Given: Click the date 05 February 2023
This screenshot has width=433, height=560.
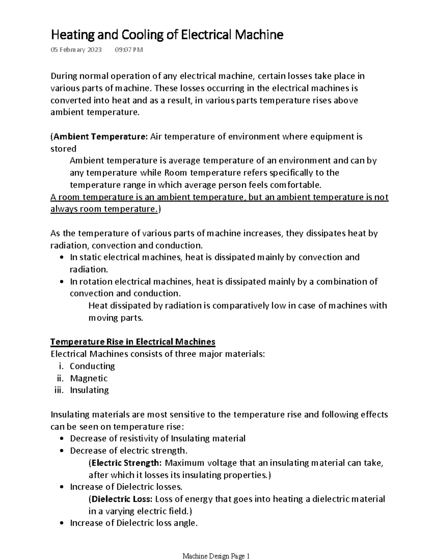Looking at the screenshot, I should pos(76,50).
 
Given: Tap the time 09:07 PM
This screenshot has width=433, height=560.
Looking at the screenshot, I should pos(129,50).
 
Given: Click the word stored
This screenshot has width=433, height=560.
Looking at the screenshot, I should pos(64,149).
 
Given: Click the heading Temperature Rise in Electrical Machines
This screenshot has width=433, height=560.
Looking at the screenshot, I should pos(133,341).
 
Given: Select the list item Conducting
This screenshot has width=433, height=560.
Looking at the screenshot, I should pos(92,366).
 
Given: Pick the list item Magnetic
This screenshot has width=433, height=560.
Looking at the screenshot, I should pos(89,378).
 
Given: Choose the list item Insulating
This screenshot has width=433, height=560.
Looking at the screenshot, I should pos(89,390).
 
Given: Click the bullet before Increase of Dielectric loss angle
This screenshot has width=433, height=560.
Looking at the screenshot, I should pos(62,523).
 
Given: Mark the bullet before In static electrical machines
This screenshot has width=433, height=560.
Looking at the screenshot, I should pos(62,257).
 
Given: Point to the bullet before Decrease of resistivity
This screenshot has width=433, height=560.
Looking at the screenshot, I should pos(62,439).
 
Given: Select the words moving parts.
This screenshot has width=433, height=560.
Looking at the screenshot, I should pos(116,318).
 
